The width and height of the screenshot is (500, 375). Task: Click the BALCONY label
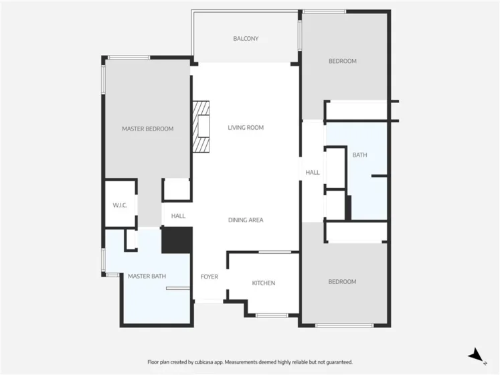(x=246, y=39)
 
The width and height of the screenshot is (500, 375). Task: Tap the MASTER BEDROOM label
(x=148, y=129)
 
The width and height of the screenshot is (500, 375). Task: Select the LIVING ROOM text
(x=246, y=128)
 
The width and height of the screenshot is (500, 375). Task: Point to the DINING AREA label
(x=246, y=220)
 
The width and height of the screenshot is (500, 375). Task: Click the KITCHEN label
(x=264, y=283)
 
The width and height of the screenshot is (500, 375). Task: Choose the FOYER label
(x=210, y=277)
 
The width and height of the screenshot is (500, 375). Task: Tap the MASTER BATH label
(x=147, y=276)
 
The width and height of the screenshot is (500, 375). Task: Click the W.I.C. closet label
(x=120, y=205)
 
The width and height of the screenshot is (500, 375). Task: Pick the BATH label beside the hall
(x=359, y=155)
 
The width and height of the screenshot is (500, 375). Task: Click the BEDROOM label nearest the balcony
(x=343, y=61)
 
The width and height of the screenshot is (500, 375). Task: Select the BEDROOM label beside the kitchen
(x=342, y=281)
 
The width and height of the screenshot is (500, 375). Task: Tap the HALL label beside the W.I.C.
(x=178, y=216)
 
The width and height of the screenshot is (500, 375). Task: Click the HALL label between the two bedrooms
(x=313, y=173)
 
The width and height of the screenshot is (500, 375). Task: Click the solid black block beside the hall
(x=177, y=240)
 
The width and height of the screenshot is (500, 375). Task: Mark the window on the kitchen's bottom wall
(x=272, y=315)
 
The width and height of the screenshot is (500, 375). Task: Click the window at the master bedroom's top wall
(x=129, y=58)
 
